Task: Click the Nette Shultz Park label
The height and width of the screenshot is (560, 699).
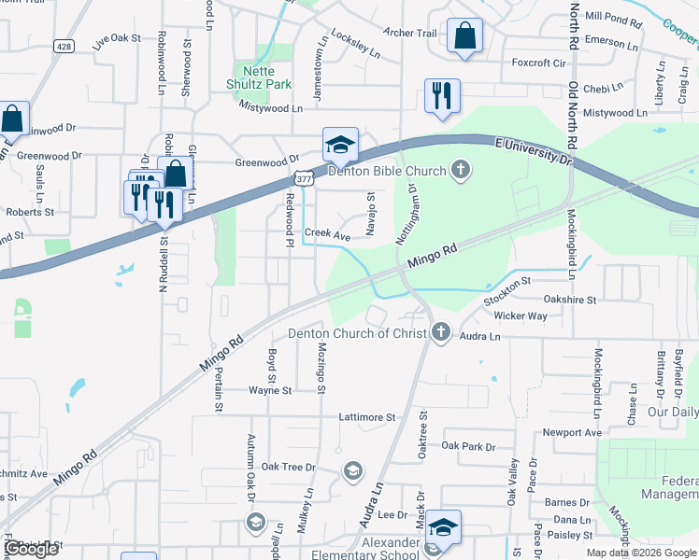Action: point(261,77)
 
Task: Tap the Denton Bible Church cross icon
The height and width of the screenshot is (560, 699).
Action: point(459,170)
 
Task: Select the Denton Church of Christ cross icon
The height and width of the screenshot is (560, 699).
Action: point(441,332)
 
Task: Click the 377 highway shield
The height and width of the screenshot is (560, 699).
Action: point(303,177)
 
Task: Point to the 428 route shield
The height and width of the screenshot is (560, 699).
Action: point(64,46)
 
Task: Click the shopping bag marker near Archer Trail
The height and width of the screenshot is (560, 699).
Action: point(464,37)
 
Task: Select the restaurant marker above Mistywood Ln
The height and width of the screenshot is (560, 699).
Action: point(442,96)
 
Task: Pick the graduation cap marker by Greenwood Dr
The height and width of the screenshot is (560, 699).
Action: point(340,145)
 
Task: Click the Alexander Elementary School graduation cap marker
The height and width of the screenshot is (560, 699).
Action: point(444,527)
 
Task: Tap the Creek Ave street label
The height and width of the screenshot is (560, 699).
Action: point(327,237)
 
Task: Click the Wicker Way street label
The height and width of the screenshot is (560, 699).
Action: point(521,315)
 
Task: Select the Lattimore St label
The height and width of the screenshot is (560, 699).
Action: point(368,417)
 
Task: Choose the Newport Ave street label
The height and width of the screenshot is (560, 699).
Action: point(572,433)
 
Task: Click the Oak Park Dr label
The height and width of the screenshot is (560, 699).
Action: point(468,447)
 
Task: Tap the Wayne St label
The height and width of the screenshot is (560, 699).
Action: point(270,390)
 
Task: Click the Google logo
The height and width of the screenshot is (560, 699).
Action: point(31,550)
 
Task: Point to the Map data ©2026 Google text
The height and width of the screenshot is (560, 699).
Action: point(639,553)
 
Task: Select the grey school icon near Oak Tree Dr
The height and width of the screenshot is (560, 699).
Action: point(352,469)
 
